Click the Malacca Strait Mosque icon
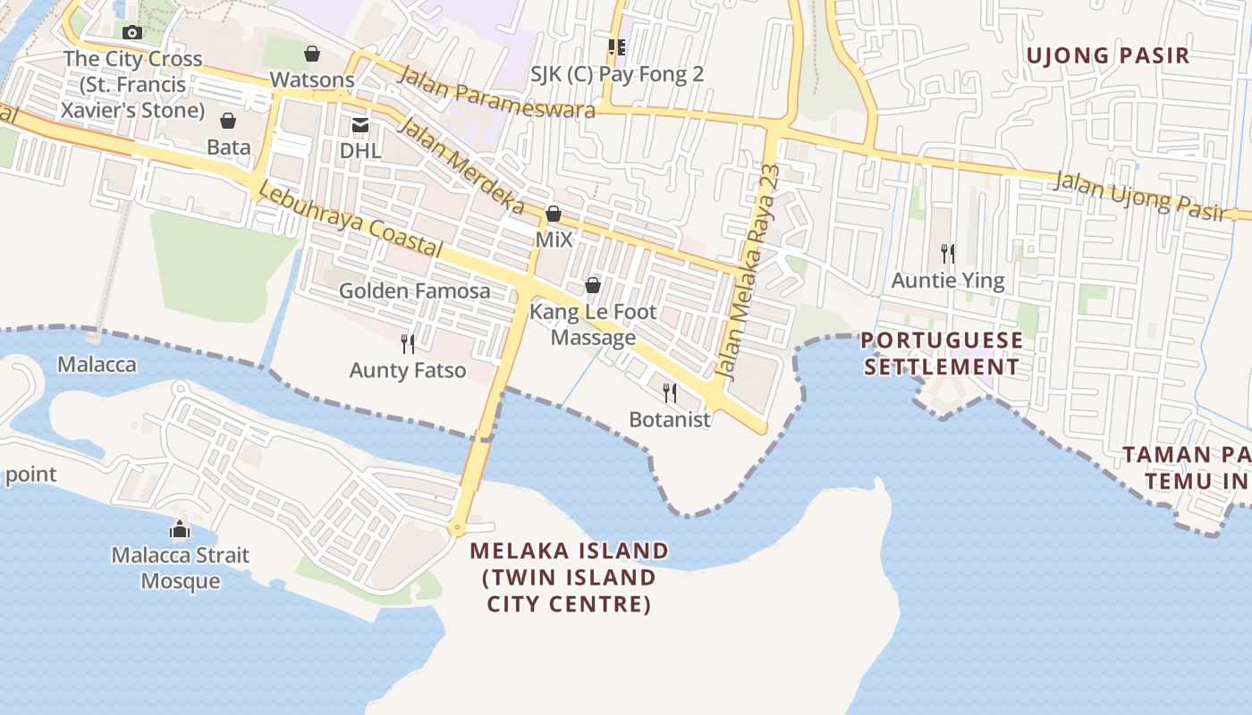pyautogui.click(x=180, y=530)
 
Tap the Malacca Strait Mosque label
pyautogui.click(x=181, y=568)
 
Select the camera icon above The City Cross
pyautogui.click(x=132, y=33)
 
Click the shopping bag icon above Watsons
pyautogui.click(x=312, y=55)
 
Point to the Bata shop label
pyautogui.click(x=229, y=146)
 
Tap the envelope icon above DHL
pyautogui.click(x=360, y=125)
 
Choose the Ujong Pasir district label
pyautogui.click(x=1107, y=55)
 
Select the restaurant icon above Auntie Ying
pyautogui.click(x=948, y=254)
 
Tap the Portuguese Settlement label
pyautogui.click(x=942, y=354)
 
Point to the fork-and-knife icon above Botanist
pyautogui.click(x=669, y=393)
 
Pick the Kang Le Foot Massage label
pyautogui.click(x=593, y=324)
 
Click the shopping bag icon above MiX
pyautogui.click(x=554, y=214)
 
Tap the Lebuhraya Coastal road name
pyautogui.click(x=350, y=219)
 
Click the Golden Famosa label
pyautogui.click(x=414, y=291)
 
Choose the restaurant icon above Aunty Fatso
pyautogui.click(x=408, y=344)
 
